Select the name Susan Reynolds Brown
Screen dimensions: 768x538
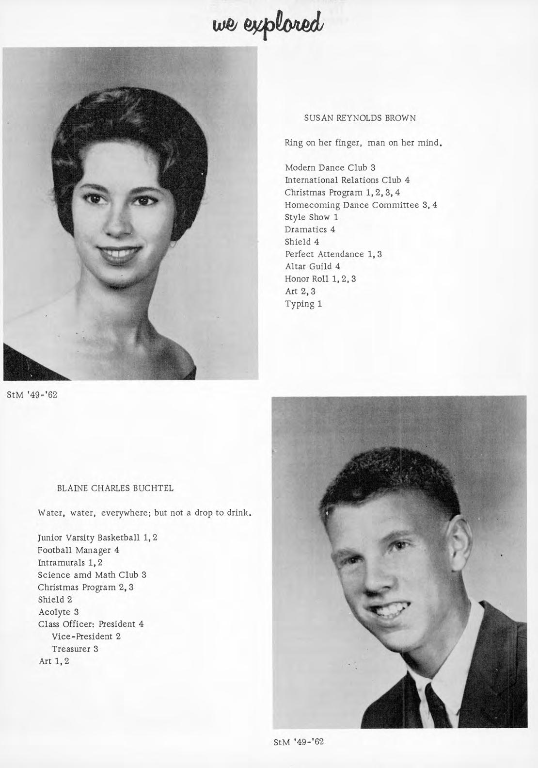pyautogui.click(x=360, y=118)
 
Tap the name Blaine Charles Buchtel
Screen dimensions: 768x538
pyautogui.click(x=115, y=488)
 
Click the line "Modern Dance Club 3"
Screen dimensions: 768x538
pyautogui.click(x=330, y=168)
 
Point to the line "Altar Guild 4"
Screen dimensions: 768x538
pyautogui.click(x=312, y=266)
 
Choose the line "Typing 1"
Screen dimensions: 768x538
pyautogui.click(x=303, y=304)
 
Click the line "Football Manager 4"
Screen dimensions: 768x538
pyautogui.click(x=79, y=550)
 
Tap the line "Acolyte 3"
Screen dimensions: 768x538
pyautogui.click(x=58, y=612)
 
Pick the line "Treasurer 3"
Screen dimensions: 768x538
pyautogui.click(x=75, y=649)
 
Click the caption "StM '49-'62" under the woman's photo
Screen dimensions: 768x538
pyautogui.click(x=32, y=394)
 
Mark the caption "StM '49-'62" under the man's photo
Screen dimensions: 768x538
pyautogui.click(x=299, y=742)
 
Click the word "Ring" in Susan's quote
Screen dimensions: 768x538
pyautogui.click(x=294, y=143)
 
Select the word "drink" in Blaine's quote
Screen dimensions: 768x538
pyautogui.click(x=239, y=513)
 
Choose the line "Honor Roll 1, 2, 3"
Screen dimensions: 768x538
pyautogui.click(x=320, y=279)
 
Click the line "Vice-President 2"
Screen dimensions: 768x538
pyautogui.click(x=86, y=637)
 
